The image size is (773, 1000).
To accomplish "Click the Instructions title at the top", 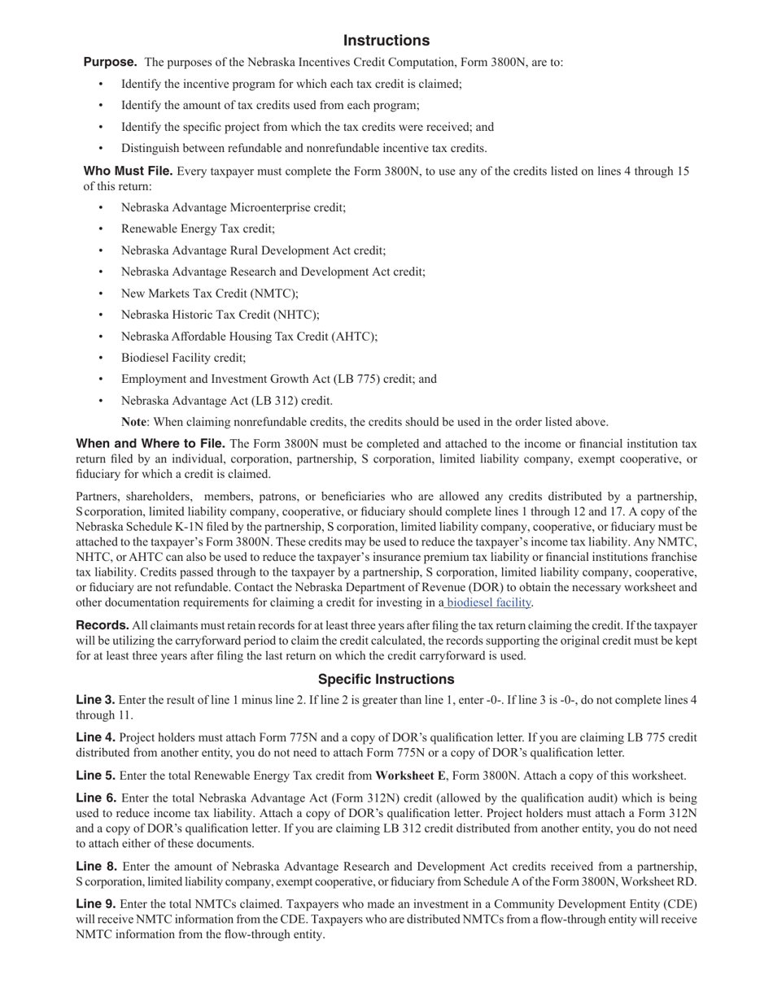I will (386, 41).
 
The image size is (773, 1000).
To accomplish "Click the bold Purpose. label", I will (110, 62).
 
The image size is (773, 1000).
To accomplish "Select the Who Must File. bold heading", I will (128, 171).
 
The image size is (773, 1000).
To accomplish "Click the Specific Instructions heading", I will (386, 679).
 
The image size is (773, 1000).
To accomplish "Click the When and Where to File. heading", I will (151, 444).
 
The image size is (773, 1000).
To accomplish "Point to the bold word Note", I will (133, 422).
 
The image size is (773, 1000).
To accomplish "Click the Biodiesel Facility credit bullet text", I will (183, 358).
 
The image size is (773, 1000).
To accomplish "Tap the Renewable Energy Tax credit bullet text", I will (198, 229).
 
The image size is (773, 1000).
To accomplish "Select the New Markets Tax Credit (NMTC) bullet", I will (209, 293).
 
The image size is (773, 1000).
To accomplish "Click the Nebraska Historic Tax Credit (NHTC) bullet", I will (220, 315).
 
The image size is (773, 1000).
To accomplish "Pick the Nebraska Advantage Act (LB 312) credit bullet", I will (226, 401).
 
